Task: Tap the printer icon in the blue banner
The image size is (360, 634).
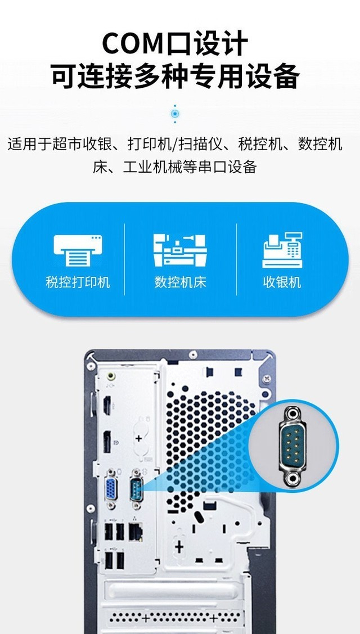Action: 78,250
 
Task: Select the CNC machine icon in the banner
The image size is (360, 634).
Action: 180,250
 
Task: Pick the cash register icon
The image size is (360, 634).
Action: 282,250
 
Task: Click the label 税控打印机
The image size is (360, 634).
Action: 78,282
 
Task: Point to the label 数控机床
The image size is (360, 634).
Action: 180,282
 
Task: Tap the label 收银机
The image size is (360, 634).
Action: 282,282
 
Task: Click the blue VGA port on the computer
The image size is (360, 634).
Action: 111,489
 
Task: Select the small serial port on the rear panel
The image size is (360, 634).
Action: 136,489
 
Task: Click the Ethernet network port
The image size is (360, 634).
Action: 136,532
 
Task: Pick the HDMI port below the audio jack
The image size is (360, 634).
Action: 107,406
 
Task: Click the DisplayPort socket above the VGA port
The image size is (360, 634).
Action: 107,442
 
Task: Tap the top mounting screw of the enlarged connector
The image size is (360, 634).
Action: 292,413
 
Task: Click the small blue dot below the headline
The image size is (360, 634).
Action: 175,113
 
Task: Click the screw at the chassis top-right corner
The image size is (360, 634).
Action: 266,379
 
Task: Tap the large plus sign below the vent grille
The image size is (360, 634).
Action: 179,547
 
